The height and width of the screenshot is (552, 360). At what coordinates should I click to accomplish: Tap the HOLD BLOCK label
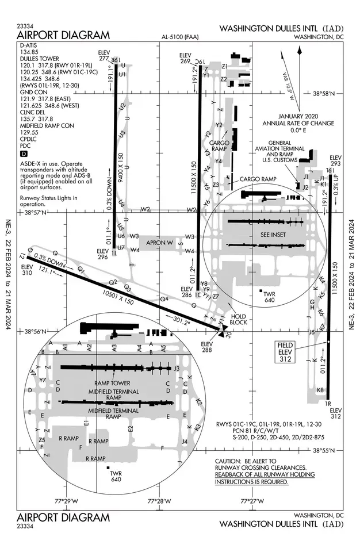(x=239, y=319)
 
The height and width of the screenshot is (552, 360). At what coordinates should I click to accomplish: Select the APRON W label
(x=160, y=243)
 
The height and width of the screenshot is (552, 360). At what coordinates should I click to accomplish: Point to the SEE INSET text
(x=273, y=235)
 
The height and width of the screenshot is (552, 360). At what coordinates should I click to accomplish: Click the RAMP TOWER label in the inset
(x=113, y=383)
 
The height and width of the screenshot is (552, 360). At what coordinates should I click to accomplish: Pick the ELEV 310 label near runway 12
(x=27, y=270)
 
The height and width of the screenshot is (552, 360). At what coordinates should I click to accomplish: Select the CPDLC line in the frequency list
(x=29, y=139)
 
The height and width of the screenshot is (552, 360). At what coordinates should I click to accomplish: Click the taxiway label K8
(x=320, y=390)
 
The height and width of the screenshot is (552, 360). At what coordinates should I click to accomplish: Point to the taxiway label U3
(x=121, y=134)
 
